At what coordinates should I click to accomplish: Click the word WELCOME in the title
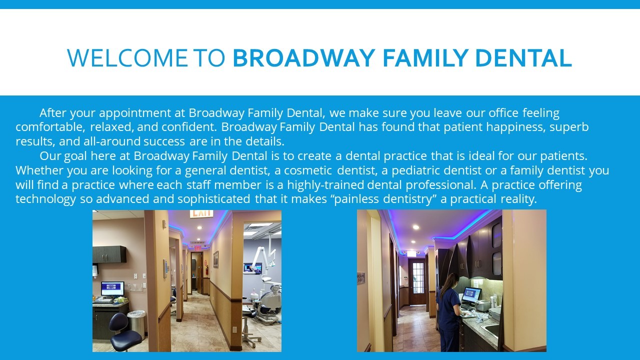(127, 58)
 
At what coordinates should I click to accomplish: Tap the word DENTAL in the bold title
(523, 58)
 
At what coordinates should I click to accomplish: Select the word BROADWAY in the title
(304, 58)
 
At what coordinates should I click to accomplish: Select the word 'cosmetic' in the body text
(308, 170)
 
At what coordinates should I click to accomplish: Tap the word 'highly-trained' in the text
(325, 185)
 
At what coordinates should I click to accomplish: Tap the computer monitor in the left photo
(112, 289)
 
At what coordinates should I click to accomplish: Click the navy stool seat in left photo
(125, 339)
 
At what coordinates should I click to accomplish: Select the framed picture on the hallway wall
(216, 259)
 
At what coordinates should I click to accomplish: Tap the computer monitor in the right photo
(471, 295)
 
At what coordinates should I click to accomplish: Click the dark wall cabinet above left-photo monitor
(109, 254)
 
